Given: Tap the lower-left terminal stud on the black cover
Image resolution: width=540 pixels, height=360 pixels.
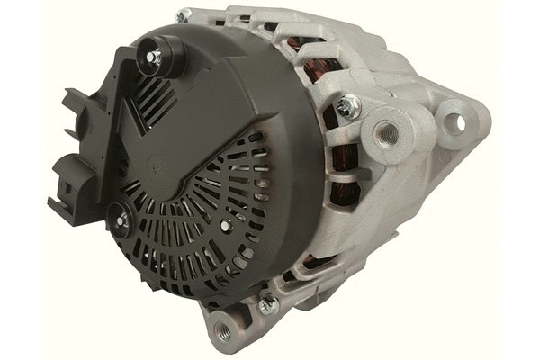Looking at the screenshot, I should pos(120,216).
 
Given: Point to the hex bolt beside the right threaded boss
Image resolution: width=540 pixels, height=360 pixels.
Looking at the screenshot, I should pos(348,107).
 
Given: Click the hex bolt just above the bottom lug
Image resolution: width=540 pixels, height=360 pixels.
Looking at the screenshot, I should pos(267,304).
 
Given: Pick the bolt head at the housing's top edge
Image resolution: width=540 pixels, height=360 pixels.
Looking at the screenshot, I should pos(184,15).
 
